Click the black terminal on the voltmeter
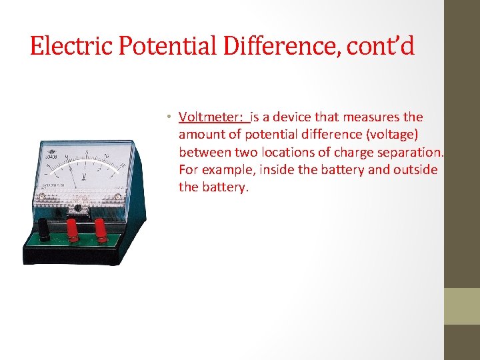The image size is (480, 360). (x=44, y=230)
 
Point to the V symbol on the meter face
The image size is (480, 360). (x=84, y=176)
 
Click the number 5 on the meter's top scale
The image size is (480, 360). (x=87, y=153)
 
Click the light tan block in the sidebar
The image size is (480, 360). (x=461, y=306)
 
